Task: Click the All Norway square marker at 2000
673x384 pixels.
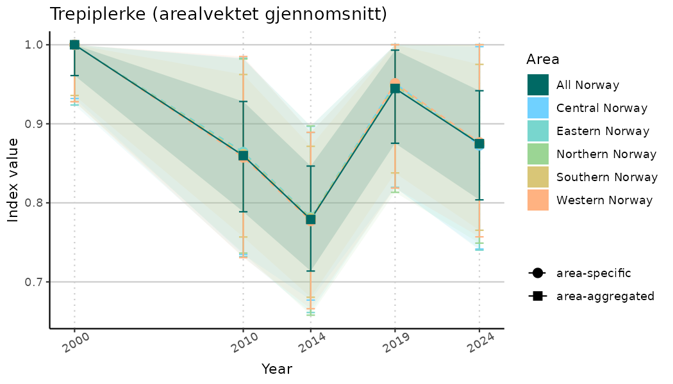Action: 74,45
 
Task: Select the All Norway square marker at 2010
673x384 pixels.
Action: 244,156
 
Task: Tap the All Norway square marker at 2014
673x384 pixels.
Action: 311,220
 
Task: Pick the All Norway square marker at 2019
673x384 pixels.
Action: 395,88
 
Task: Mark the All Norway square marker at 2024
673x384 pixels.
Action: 479,143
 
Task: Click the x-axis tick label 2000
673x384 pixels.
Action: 74,344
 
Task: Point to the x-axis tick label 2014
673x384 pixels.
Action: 310,344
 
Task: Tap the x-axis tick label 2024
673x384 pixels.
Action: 479,344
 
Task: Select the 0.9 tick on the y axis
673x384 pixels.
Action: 34,124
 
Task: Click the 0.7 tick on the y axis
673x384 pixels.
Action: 34,282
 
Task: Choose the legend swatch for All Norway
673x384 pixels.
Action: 538,85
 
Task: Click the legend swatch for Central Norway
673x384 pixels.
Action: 538,108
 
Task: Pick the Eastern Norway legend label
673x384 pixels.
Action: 602,131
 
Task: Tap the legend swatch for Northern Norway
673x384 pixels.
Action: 538,154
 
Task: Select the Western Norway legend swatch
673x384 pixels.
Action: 538,200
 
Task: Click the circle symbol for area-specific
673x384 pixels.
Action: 537,273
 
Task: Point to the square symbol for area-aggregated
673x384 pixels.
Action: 537,296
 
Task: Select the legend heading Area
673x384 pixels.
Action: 542,60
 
